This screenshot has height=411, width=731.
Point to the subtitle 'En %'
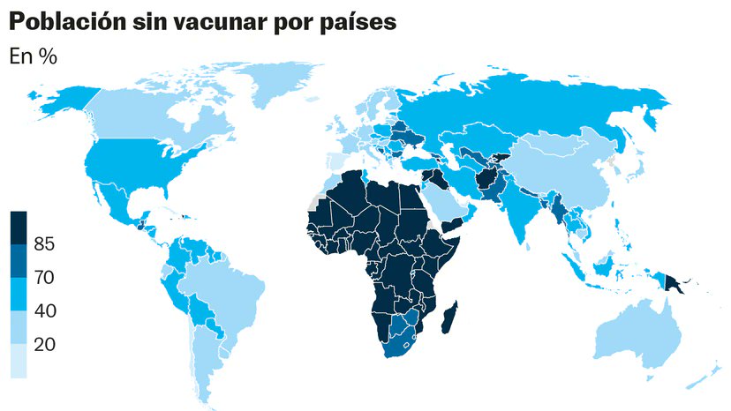click(33, 56)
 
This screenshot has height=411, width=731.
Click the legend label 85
click(44, 245)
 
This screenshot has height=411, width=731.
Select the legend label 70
click(44, 278)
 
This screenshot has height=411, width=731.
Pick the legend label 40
click(44, 311)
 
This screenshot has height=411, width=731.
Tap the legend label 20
click(44, 345)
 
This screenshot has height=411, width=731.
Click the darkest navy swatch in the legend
click(19, 228)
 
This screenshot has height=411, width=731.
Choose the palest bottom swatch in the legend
click(19, 361)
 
